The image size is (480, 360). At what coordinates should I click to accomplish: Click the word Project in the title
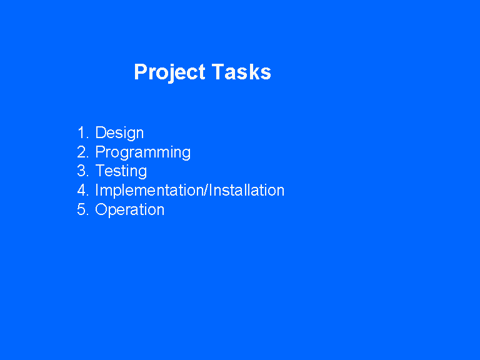point(169,72)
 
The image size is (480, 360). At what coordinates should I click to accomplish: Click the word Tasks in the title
point(241,72)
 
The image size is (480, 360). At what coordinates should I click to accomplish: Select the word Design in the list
point(119,133)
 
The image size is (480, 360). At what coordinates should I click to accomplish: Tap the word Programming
point(143,152)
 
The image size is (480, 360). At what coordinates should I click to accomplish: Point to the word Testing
point(121,171)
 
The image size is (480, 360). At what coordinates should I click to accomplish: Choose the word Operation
point(130,210)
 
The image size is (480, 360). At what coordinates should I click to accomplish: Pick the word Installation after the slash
point(247,190)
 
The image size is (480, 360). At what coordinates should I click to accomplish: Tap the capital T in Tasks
point(217,72)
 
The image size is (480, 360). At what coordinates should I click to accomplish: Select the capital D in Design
point(101,132)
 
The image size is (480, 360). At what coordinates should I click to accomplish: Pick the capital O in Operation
point(101,209)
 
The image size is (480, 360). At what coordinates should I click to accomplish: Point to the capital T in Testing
point(101,171)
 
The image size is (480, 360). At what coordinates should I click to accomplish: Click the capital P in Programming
point(101,152)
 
